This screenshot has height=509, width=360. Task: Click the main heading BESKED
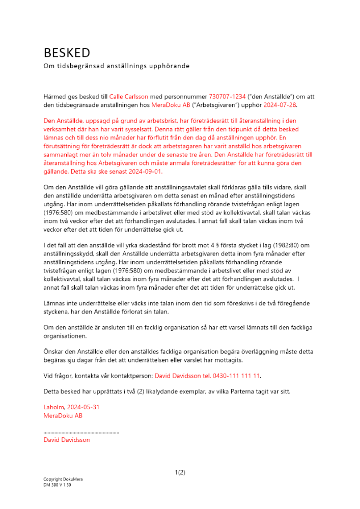(67, 53)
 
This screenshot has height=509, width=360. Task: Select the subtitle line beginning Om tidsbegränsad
(117, 66)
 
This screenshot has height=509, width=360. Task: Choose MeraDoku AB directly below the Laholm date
(63, 415)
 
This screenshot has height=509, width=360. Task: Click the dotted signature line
(81, 432)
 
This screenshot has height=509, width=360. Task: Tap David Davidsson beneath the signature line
(67, 440)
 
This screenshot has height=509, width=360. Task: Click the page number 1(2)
(180, 472)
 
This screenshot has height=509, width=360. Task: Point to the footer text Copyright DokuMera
(63, 480)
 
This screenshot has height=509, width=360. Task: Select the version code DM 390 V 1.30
(57, 486)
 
